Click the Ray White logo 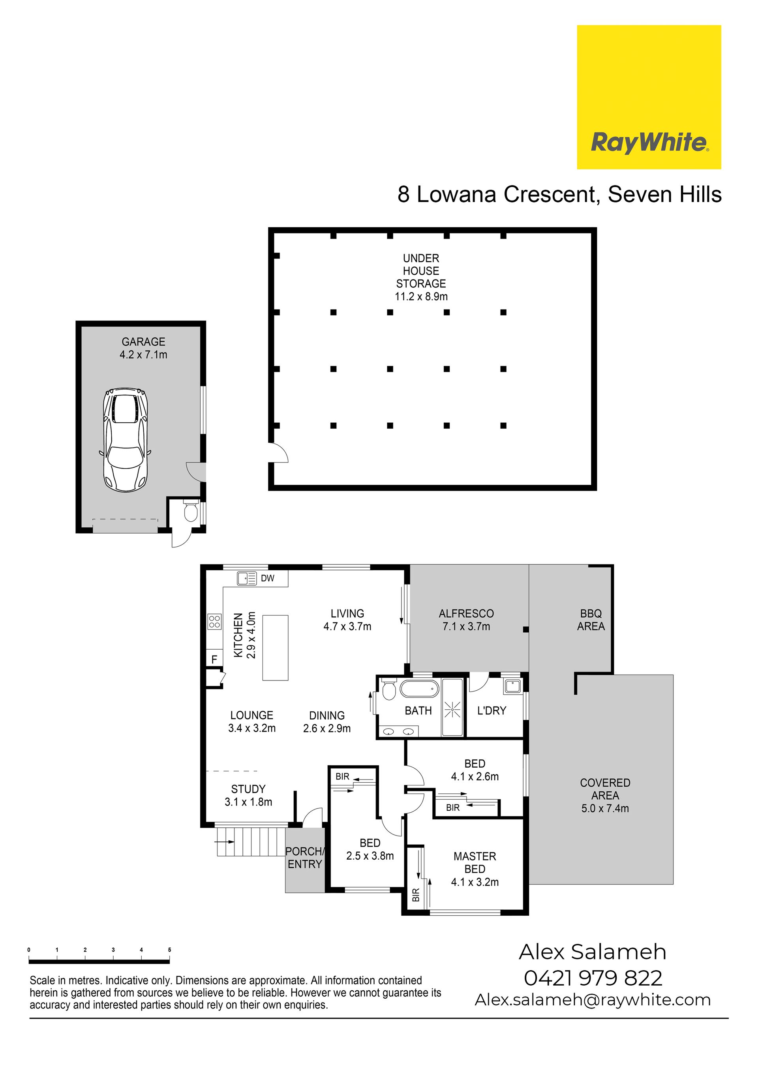pos(649,97)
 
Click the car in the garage pos(125,440)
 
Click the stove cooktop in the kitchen pos(214,621)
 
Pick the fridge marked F pos(214,659)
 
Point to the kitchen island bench pos(275,648)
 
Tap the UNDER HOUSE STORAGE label pos(421,271)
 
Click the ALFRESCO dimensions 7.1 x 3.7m pos(466,626)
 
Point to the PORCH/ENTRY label pos(305,858)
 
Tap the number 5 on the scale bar pos(169,950)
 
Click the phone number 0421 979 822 pos(593,978)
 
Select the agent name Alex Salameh pos(592,952)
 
